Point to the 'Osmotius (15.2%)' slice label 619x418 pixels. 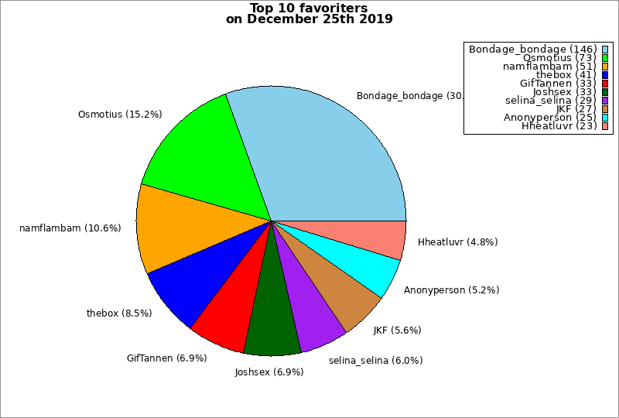pyautogui.click(x=120, y=115)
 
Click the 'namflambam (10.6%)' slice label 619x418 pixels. pyautogui.click(x=70, y=228)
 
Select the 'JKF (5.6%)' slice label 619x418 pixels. pyautogui.click(x=397, y=330)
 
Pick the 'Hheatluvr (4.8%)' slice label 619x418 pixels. pyautogui.click(x=457, y=242)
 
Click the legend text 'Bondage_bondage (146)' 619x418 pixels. pyautogui.click(x=532, y=49)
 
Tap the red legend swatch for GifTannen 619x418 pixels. pyautogui.click(x=605, y=83)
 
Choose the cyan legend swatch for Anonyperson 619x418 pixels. pyautogui.click(x=605, y=117)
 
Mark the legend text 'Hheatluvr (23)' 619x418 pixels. pyautogui.click(x=559, y=125)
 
